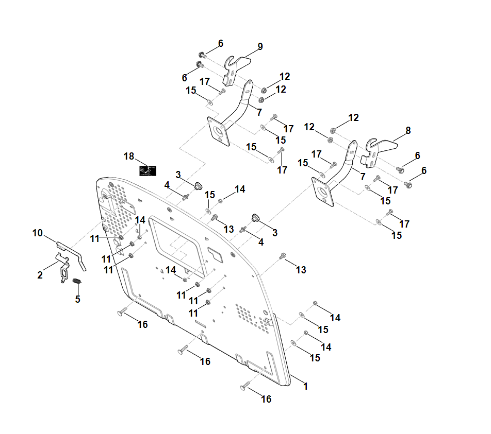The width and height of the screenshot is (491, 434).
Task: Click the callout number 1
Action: [x=305, y=386]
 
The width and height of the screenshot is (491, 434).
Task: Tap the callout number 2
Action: [x=40, y=275]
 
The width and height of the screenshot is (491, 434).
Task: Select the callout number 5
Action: [x=77, y=299]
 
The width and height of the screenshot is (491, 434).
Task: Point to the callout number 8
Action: [x=408, y=131]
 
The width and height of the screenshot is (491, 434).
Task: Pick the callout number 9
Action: [x=260, y=47]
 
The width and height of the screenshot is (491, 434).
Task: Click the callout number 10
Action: [x=37, y=233]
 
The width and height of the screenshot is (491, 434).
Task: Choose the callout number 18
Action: [x=129, y=156]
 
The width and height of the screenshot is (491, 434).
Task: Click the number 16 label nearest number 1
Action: [x=266, y=399]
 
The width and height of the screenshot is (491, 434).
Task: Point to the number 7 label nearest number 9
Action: [x=259, y=112]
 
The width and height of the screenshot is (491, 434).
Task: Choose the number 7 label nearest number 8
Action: [x=362, y=177]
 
